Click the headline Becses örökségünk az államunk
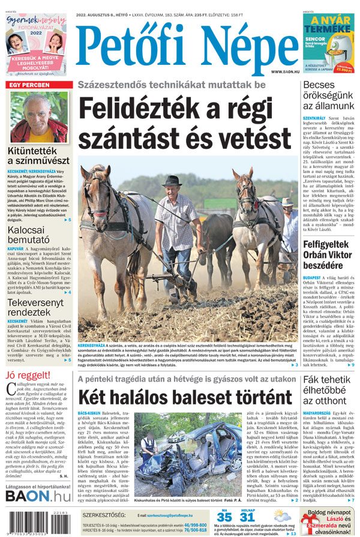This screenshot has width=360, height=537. [x=328, y=95]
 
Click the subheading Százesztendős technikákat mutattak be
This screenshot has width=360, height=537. [x=171, y=85]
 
